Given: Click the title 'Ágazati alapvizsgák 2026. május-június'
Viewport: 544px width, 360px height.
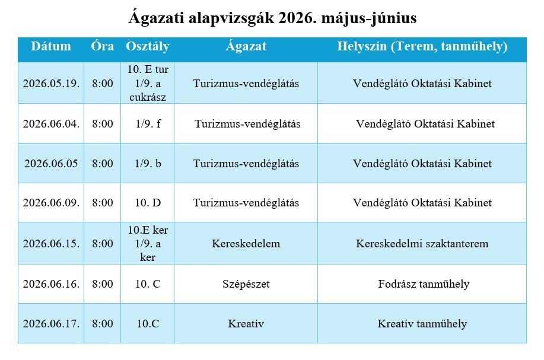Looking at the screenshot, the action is tap(272, 19).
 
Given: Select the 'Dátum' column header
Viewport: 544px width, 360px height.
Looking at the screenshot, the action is tap(51, 46).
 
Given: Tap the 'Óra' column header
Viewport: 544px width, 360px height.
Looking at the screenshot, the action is tap(103, 46).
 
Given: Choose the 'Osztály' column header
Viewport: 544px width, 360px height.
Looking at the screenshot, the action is tap(148, 46).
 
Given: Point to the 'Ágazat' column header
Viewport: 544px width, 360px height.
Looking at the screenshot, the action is tap(246, 46).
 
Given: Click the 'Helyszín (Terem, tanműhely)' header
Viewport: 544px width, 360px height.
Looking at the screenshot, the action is tap(422, 46).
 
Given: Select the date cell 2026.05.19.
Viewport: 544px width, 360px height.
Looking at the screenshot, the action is tap(51, 84).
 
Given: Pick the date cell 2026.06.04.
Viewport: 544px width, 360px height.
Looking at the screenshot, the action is tap(51, 124).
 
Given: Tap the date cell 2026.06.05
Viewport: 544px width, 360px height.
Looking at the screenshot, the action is tap(51, 164).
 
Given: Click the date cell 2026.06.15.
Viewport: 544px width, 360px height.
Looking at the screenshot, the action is tap(51, 244).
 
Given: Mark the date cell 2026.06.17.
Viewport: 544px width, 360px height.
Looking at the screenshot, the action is tap(51, 324).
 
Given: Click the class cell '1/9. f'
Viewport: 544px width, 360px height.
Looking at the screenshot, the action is tap(148, 124).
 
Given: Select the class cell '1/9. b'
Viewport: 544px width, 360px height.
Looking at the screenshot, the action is tap(148, 164).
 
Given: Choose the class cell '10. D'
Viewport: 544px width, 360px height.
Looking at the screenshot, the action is tap(148, 203).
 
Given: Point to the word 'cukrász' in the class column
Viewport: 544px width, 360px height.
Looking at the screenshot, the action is tap(148, 97).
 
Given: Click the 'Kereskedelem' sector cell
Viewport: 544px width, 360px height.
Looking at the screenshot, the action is tap(246, 244).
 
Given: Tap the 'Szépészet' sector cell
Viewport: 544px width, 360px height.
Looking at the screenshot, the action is tap(246, 284).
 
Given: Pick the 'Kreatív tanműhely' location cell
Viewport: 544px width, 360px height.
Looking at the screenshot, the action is tap(422, 324).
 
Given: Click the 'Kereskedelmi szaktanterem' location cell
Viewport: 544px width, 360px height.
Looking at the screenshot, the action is tap(422, 244).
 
